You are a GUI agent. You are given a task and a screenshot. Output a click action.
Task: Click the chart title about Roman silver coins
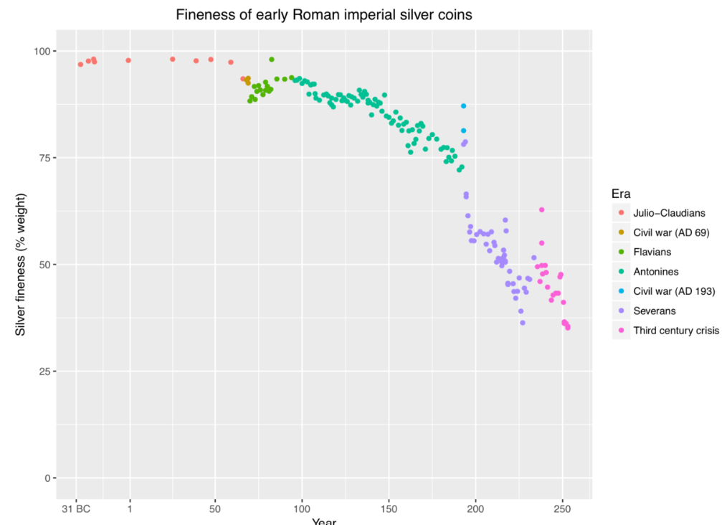[x=324, y=14]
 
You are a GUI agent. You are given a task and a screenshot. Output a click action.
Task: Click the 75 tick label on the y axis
[x=44, y=158]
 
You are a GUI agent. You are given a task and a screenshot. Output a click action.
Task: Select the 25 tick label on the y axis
[x=44, y=372]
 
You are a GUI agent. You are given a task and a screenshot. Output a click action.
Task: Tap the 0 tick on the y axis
[x=47, y=478]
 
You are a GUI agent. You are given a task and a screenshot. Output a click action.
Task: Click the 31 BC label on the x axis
[x=75, y=510]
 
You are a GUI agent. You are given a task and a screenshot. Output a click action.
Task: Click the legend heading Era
[x=621, y=194]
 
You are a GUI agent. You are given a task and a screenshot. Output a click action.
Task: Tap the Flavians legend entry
[x=653, y=252]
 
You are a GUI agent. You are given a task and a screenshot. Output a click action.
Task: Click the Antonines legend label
[x=655, y=272]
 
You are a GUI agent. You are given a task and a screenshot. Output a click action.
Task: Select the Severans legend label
[x=655, y=311]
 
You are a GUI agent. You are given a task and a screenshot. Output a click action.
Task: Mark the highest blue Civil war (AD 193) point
[x=463, y=106]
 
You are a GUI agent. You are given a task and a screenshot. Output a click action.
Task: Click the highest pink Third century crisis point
[x=541, y=209]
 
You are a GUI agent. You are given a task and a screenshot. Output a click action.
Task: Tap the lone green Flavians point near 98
[x=272, y=60]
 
